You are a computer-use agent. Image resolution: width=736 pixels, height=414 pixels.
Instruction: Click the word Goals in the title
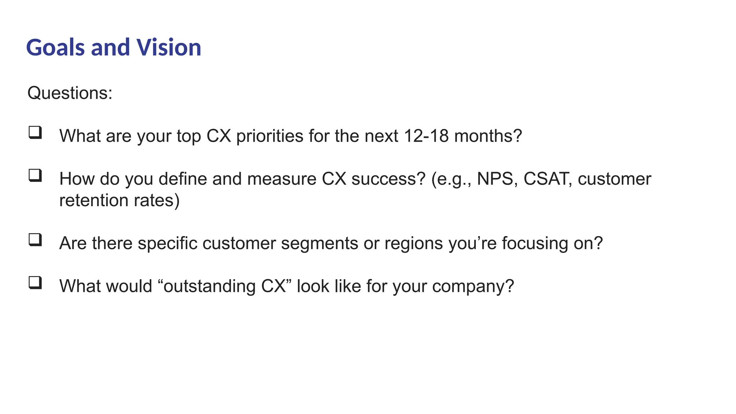(x=55, y=48)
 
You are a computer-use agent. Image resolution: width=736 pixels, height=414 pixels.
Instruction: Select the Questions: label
(x=70, y=93)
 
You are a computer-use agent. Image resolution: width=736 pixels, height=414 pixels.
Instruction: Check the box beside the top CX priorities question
(x=35, y=133)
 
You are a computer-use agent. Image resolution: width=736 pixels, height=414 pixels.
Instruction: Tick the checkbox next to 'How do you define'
(x=35, y=176)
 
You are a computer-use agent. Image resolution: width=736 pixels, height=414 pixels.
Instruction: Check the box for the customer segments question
(x=35, y=240)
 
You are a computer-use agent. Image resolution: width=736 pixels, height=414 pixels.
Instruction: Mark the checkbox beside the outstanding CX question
(x=35, y=283)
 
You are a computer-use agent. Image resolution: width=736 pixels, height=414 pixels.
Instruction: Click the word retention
(x=94, y=201)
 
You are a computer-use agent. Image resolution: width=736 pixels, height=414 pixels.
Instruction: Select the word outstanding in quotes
(x=209, y=286)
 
